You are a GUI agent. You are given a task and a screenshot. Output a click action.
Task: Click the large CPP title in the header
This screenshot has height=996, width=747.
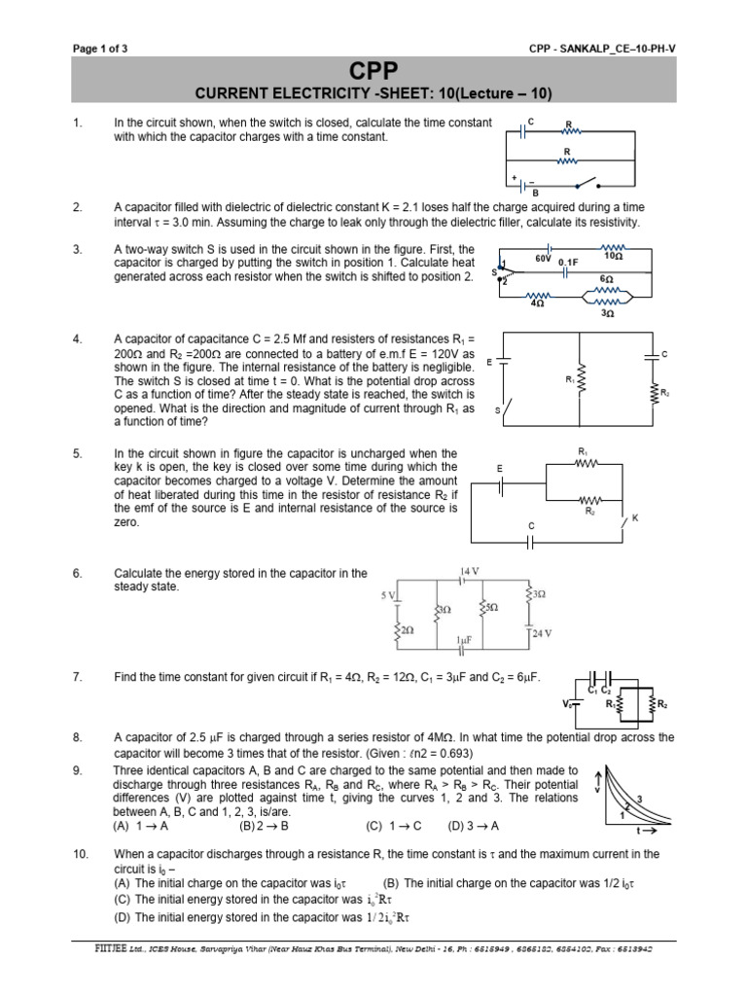(x=373, y=71)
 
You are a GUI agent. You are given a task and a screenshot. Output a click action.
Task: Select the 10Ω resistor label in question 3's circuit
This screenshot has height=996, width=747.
(x=614, y=258)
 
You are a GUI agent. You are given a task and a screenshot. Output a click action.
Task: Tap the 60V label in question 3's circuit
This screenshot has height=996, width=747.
(x=544, y=259)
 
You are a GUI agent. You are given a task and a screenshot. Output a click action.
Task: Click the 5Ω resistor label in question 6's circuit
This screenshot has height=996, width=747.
(x=491, y=608)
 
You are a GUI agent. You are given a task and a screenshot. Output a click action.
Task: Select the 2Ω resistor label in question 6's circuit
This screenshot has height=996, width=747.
(x=407, y=631)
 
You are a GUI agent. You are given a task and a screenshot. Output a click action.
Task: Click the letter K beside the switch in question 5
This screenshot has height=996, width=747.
(x=634, y=518)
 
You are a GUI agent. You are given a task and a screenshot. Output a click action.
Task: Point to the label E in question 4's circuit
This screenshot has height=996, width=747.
(x=489, y=361)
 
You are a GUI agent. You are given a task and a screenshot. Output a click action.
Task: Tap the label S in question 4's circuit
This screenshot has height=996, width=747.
(x=497, y=410)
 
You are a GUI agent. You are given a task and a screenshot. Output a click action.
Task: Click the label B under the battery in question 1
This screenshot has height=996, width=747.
(x=534, y=193)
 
